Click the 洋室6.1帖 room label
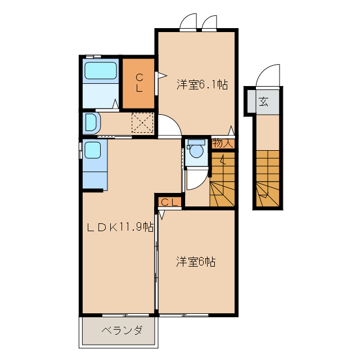point(202,85)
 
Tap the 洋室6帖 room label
point(196,262)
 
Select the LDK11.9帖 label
point(120,227)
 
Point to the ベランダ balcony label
point(121,330)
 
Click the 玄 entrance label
point(263,102)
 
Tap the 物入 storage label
point(222,143)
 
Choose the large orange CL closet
point(138,83)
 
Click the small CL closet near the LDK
point(170,202)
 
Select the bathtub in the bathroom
point(101,71)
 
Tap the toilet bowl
point(196,151)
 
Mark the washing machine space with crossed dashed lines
point(142,123)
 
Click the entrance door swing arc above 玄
point(267,76)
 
